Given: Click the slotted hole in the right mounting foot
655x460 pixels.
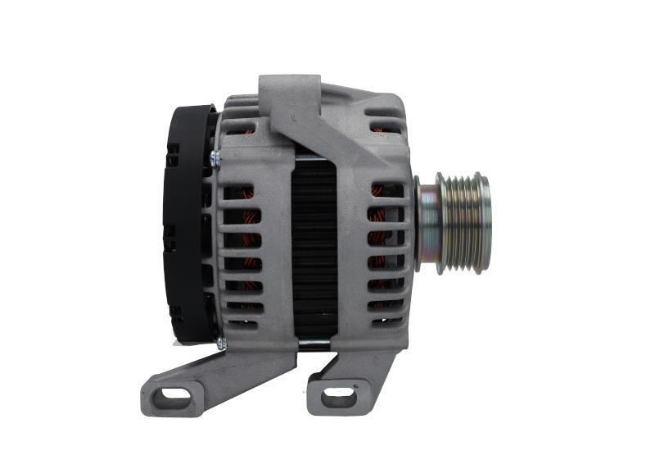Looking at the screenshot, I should point(337,398).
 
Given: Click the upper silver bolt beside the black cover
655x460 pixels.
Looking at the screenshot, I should point(215,156).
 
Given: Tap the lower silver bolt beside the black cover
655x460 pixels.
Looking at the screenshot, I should point(221,344).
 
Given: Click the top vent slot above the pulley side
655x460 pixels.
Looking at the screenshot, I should point(386,127).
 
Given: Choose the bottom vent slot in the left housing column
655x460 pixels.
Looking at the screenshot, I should point(244,322).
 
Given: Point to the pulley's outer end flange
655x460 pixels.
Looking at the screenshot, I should point(485,223).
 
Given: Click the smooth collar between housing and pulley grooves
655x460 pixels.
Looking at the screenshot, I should point(427,223).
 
